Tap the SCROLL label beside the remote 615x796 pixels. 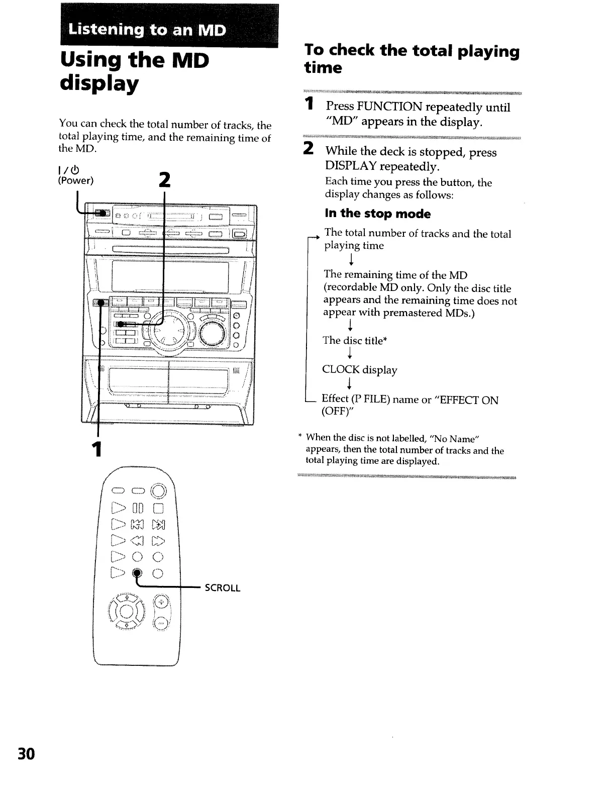click(223, 588)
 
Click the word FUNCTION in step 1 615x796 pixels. click(381, 107)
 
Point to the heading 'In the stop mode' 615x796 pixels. click(377, 214)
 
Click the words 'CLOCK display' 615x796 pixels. click(359, 370)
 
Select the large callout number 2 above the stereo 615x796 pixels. click(164, 180)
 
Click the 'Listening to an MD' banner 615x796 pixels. click(148, 30)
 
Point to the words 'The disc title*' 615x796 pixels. click(355, 341)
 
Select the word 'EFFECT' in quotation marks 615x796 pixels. click(458, 400)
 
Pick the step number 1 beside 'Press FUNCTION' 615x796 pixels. click(311, 105)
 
